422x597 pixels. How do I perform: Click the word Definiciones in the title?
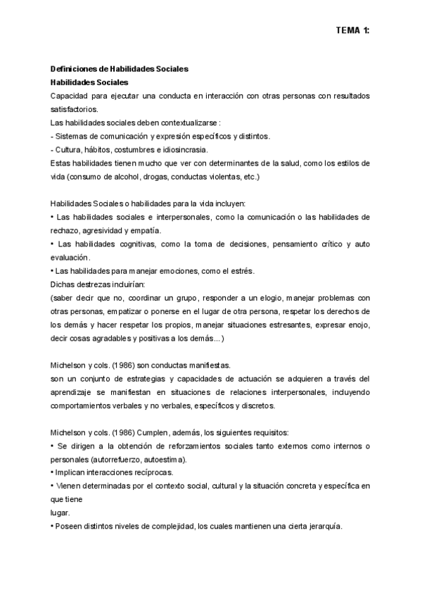coord(74,69)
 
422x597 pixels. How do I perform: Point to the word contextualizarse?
coord(193,122)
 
